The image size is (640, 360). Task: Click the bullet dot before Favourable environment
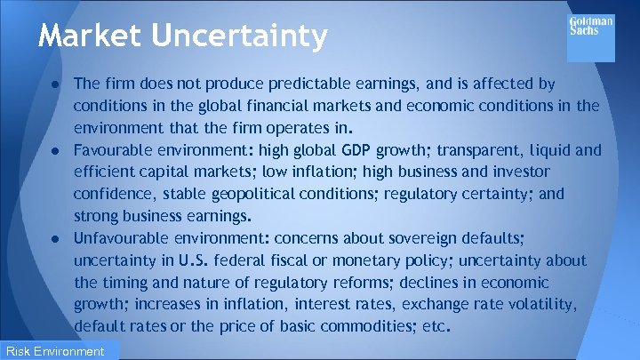[x=55, y=150]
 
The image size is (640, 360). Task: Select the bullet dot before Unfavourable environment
[x=55, y=238]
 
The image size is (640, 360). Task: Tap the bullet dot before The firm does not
[x=55, y=84]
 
